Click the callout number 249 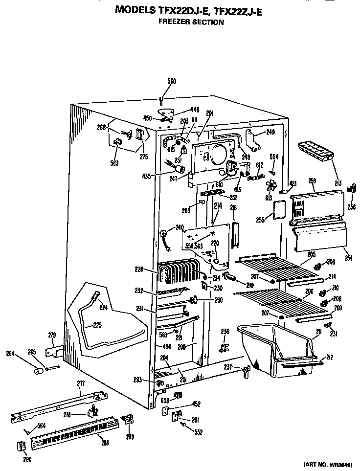270,132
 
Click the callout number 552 198,432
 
